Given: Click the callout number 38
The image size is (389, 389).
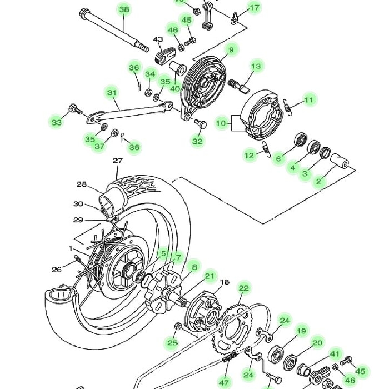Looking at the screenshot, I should click(x=124, y=9).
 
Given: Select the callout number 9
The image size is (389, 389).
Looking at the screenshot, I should click(x=230, y=51).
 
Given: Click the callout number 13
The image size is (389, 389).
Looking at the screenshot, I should click(x=256, y=66).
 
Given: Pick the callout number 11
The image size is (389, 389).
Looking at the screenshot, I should click(x=309, y=100).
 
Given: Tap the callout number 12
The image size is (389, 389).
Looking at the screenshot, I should click(x=250, y=156).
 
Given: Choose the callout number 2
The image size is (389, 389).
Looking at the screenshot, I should click(x=319, y=181).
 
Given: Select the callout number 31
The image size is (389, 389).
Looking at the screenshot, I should click(x=112, y=92).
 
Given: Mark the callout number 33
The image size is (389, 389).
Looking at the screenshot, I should click(x=57, y=122).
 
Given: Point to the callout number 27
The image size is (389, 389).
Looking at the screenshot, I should click(x=117, y=161).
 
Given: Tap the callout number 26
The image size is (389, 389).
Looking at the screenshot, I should click(x=57, y=270).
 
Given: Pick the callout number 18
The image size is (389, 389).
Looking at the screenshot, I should click(x=224, y=282).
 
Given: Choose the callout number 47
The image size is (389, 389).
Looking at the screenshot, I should click(x=224, y=382).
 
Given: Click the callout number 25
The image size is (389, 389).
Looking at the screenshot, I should click(x=173, y=343).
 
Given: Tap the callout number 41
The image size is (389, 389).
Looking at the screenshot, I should click(x=335, y=353).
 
